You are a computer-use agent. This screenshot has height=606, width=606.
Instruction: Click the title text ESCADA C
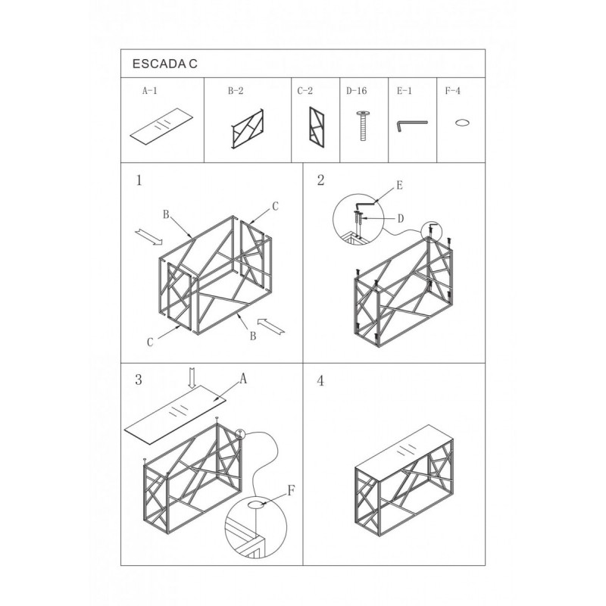(165, 64)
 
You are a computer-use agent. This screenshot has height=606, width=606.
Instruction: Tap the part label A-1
(150, 91)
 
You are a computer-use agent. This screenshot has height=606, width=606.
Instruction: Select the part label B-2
(236, 91)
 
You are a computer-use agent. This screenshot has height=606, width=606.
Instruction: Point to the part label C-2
(305, 91)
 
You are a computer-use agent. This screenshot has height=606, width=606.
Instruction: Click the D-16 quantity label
(356, 91)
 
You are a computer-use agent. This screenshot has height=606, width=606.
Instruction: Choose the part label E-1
(405, 91)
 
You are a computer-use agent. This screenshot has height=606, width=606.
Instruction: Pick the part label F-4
(453, 91)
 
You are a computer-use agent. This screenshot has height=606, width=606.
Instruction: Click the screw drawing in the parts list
(364, 126)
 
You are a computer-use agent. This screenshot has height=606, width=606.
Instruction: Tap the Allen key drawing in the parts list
(411, 125)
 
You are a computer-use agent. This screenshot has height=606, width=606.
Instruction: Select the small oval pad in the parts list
(462, 123)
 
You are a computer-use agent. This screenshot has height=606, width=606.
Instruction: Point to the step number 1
(139, 180)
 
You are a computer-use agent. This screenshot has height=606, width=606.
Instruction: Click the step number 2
(320, 180)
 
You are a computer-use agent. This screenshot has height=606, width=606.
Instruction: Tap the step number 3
(139, 380)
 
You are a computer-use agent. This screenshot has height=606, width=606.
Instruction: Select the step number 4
(320, 381)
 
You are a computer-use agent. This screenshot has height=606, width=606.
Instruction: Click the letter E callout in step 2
(400, 186)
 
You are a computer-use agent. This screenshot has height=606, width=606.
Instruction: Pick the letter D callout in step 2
(401, 219)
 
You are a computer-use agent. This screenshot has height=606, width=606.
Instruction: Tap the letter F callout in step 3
(292, 491)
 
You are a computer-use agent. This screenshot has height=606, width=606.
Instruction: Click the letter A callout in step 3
(242, 379)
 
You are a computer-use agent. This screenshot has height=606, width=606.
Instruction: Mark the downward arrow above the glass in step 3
(192, 378)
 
